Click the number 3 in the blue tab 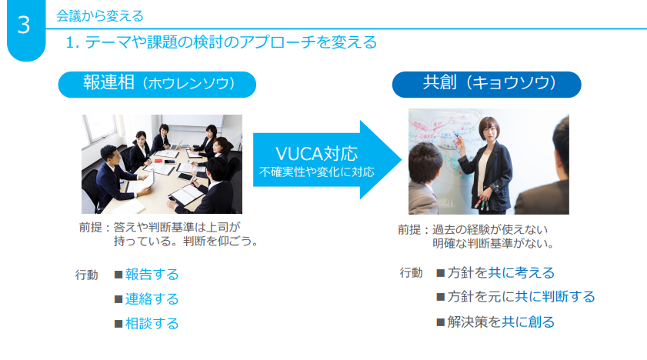click(24, 25)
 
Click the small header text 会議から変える click(100, 16)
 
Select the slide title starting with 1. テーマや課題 click(221, 42)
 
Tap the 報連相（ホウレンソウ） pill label click(157, 84)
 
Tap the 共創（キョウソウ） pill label click(486, 84)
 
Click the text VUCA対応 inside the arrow click(316, 154)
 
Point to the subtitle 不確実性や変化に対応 click(316, 172)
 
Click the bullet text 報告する click(152, 274)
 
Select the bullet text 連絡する click(152, 298)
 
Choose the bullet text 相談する click(152, 323)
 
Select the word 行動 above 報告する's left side click(87, 275)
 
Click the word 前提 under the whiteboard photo click(409, 230)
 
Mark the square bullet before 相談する click(118, 324)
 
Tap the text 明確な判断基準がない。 click(493, 244)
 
